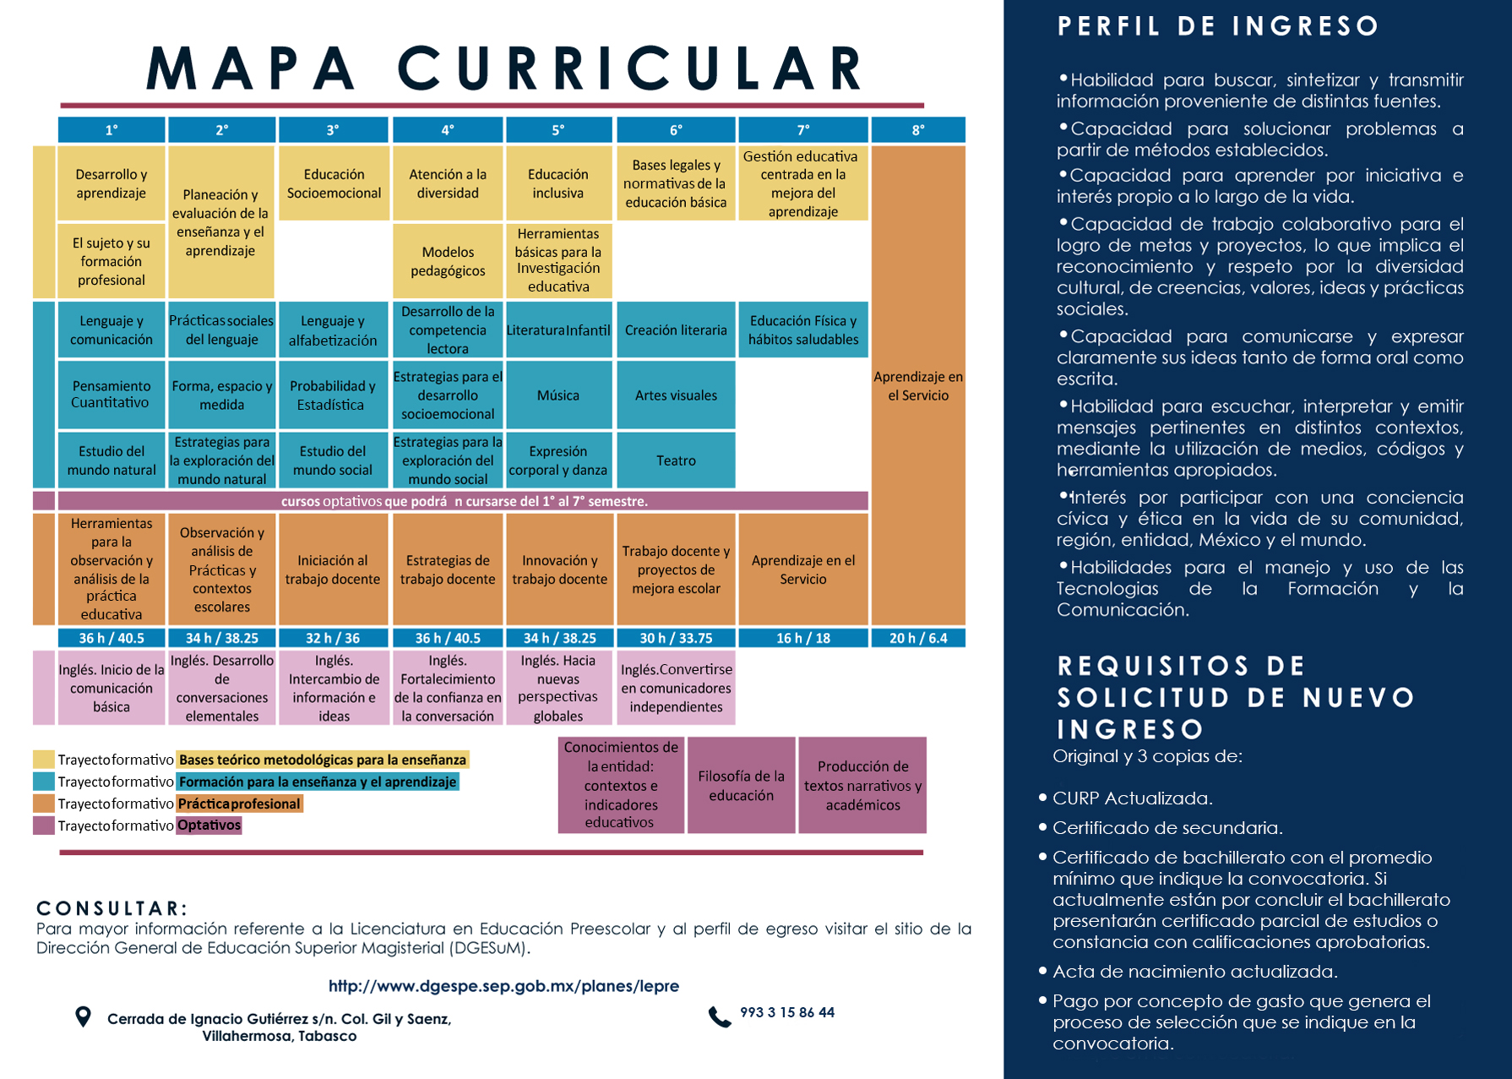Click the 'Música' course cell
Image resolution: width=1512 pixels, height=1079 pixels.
tap(558, 395)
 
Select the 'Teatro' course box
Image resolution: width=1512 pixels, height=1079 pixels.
tap(676, 460)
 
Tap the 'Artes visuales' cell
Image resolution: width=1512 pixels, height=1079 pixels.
tap(676, 395)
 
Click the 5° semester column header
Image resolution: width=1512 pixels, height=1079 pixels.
tap(558, 130)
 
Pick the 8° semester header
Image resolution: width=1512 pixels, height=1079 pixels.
tap(918, 130)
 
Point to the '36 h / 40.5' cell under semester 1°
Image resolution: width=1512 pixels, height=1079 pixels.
tap(111, 638)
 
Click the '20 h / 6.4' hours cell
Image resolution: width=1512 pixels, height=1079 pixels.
tap(918, 638)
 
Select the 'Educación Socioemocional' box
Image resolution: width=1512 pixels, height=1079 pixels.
tap(334, 183)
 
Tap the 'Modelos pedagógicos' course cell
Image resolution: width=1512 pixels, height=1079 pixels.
tap(448, 261)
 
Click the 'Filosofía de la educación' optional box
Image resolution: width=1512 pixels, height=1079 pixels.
tap(741, 785)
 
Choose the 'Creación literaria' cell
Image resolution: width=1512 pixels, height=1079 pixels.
tap(676, 330)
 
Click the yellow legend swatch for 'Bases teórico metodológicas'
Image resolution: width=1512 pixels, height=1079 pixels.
tap(44, 759)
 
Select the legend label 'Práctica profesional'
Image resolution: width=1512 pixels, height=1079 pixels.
tap(239, 804)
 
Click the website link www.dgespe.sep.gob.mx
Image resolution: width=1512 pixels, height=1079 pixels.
tap(503, 986)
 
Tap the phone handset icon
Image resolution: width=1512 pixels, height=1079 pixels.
tap(719, 1016)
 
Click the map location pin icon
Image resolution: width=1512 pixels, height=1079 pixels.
tap(83, 1016)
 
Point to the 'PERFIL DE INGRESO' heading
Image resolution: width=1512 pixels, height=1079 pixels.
tap(1218, 26)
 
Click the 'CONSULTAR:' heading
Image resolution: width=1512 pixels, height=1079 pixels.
tap(111, 908)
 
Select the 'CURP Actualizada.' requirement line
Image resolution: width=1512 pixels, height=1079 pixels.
tap(1132, 798)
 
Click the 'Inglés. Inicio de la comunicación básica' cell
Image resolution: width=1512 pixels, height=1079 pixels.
tap(111, 688)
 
